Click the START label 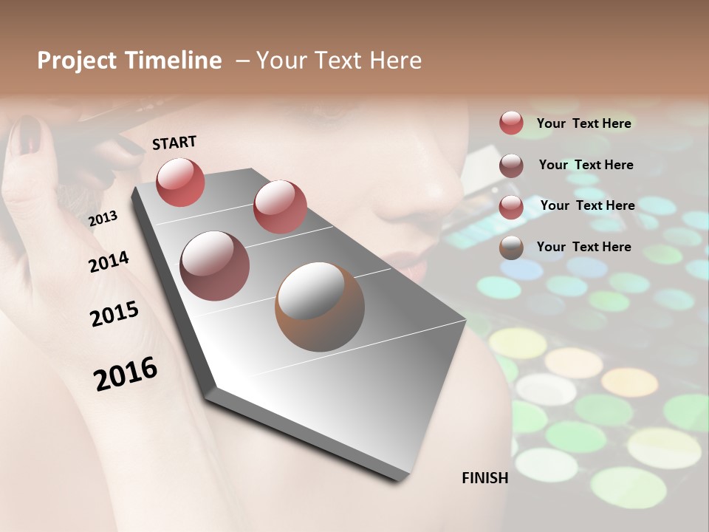coord(174,143)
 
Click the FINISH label coord(484,478)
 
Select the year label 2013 coord(103,218)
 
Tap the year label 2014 coord(109,262)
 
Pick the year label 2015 coord(114,314)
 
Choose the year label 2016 coord(126,373)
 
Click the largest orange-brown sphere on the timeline coord(320,307)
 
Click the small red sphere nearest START coord(181,182)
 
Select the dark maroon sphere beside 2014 coord(214,265)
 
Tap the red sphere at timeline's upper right coord(280,207)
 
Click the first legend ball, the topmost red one coord(511,123)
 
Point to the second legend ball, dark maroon coord(511,166)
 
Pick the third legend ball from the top coord(511,207)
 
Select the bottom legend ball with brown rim coord(511,248)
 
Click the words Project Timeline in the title coord(129,61)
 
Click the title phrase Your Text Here coord(339,61)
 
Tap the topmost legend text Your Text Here coord(583,123)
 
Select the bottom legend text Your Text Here coord(583,247)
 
